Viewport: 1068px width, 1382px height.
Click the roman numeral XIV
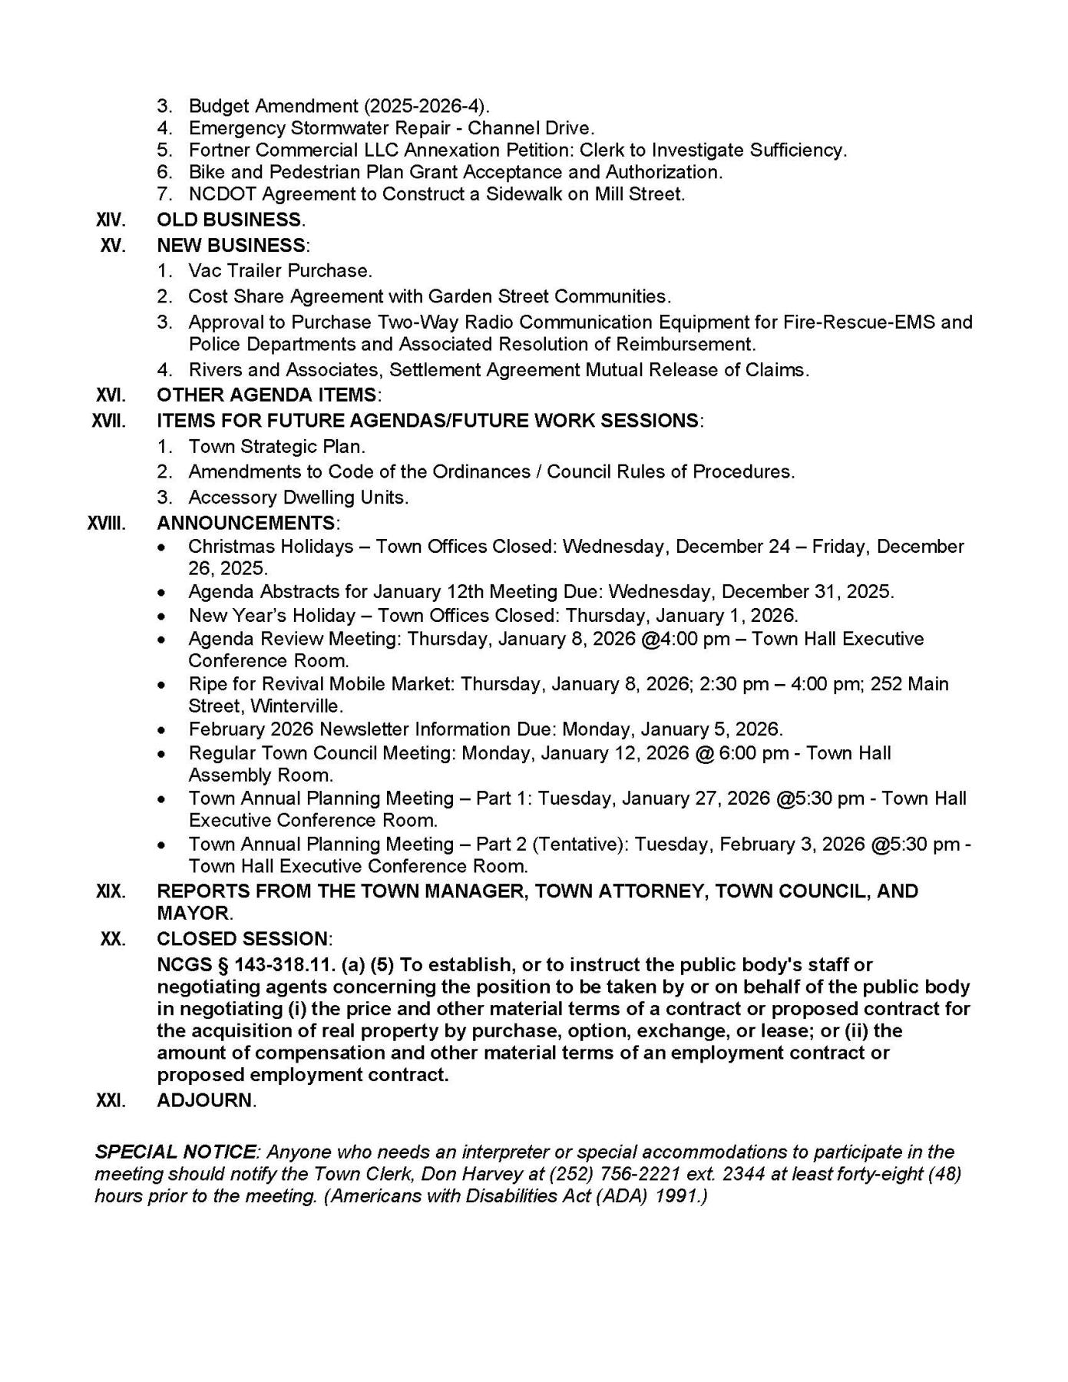click(111, 220)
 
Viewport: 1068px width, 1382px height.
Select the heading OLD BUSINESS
click(229, 220)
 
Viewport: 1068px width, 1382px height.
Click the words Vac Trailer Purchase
click(279, 271)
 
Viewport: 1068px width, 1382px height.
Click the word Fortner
click(217, 150)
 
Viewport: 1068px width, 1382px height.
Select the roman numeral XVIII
click(106, 524)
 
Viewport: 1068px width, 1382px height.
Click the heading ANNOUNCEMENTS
click(246, 524)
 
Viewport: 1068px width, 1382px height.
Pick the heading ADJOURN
click(205, 1100)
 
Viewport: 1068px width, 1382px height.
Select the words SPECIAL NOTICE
click(175, 1152)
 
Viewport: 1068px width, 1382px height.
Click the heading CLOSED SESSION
click(243, 939)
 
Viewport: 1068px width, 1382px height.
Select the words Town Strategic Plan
click(276, 447)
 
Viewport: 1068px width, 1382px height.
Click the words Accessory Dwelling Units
click(298, 498)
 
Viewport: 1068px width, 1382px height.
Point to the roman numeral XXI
click(111, 1100)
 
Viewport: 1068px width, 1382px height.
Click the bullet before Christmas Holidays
click(160, 547)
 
